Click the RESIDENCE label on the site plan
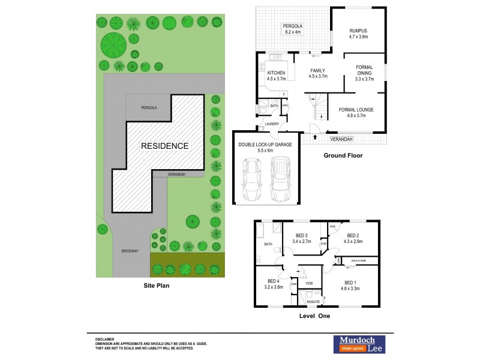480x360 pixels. (164, 146)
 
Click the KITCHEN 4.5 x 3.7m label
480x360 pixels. (276, 76)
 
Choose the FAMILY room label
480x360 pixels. (317, 73)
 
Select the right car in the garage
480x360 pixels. (280, 179)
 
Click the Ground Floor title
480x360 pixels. (343, 155)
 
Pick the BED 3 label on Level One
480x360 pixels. (302, 239)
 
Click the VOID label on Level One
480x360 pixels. (310, 283)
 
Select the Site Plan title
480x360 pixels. (156, 286)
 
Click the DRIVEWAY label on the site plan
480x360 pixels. (130, 251)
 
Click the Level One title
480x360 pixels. (314, 316)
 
